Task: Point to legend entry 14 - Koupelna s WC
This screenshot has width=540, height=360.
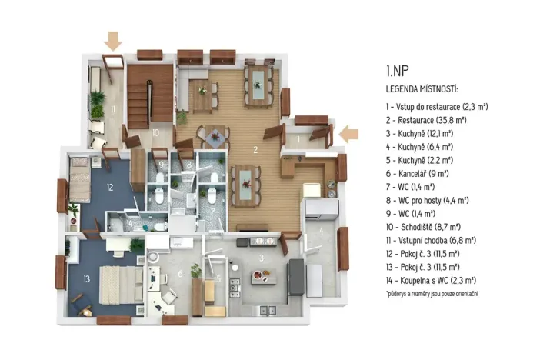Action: [x=431, y=280]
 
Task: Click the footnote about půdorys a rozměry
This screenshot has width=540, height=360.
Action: [x=432, y=294]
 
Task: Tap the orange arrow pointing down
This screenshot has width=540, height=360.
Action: [x=113, y=39]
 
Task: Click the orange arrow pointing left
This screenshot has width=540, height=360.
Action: [x=349, y=134]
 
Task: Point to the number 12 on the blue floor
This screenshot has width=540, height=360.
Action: [x=110, y=187]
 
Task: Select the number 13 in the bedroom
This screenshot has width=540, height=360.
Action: [x=86, y=278]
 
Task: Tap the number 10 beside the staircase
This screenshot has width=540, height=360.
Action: [x=155, y=132]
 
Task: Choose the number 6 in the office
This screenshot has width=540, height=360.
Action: [x=181, y=274]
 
